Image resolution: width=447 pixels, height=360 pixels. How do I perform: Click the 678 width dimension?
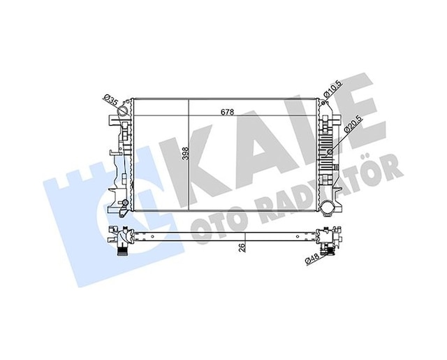click(x=228, y=112)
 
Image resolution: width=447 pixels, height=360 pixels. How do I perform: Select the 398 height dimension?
click(x=186, y=153)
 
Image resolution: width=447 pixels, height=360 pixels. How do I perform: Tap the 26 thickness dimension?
click(x=242, y=247)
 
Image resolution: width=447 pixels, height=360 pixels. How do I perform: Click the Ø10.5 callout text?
click(x=332, y=88)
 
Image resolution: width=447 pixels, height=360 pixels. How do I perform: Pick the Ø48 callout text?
click(x=312, y=259)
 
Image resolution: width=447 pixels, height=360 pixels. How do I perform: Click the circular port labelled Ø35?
click(x=124, y=110)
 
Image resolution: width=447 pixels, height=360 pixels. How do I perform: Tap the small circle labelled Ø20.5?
click(x=330, y=152)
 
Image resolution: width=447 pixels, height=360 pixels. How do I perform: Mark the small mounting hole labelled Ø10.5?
click(x=323, y=103)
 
